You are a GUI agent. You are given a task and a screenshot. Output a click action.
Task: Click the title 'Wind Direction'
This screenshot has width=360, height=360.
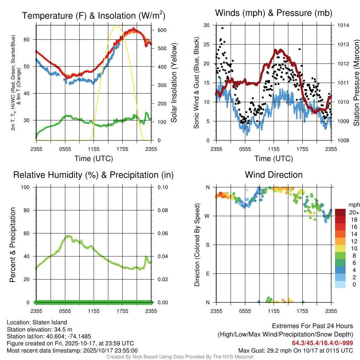click(x=274, y=175)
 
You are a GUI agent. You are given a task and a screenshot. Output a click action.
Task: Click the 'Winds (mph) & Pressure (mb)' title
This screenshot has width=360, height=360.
click(x=274, y=13)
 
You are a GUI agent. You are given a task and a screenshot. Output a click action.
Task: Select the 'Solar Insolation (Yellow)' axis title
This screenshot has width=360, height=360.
click(x=174, y=83)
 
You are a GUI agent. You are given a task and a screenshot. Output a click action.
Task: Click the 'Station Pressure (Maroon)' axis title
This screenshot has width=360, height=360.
click(x=356, y=83)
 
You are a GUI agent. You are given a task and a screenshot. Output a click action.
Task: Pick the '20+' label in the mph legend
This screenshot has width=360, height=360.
click(x=354, y=212)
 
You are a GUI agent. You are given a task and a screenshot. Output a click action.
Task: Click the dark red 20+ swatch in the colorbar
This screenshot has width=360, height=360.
click(x=340, y=212)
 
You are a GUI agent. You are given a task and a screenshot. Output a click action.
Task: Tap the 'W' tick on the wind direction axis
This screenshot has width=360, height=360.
click(x=207, y=216)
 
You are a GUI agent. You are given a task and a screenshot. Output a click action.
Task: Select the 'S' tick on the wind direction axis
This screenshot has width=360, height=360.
click(x=208, y=245)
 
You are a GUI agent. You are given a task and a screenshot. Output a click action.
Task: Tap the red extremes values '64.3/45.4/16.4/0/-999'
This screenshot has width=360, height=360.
click(x=322, y=343)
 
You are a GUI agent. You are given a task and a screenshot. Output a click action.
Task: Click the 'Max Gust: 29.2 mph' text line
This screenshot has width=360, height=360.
click(x=295, y=351)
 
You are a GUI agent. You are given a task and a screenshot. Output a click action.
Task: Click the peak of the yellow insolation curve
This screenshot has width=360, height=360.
click(x=117, y=26)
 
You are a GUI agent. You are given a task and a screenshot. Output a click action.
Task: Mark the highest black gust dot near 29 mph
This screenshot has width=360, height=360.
click(x=222, y=28)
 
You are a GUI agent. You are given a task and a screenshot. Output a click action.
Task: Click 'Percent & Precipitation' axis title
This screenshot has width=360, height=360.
click(x=12, y=245)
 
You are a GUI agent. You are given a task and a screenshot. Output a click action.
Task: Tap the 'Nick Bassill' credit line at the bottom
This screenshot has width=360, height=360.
click(x=180, y=357)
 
